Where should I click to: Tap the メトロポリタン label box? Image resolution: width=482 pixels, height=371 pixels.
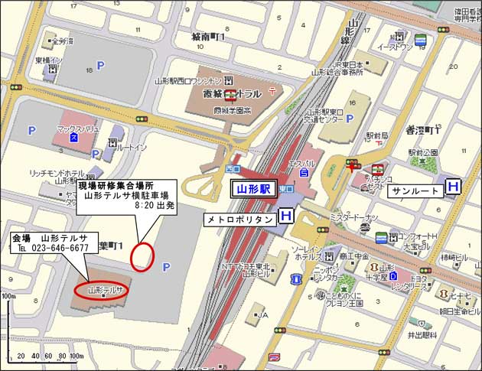coord(238,218)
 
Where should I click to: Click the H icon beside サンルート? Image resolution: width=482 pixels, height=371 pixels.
coord(454,186)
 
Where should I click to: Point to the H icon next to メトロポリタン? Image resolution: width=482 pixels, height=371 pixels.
coord(285,217)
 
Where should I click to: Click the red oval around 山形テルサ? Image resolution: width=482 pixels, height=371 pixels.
coord(101,290)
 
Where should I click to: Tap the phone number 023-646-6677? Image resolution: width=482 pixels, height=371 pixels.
coord(60,248)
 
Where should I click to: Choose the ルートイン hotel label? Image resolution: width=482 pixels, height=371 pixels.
coord(134,149)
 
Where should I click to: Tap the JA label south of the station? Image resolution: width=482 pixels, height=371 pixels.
coord(262,314)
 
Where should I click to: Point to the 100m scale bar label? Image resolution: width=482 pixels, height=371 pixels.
coord(8,296)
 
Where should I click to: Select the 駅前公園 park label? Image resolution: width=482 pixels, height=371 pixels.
coord(421,151)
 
